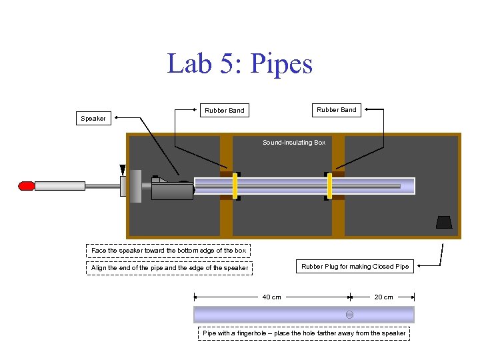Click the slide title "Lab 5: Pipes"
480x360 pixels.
(239, 64)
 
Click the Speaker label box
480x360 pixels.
(93, 119)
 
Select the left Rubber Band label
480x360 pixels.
(224, 110)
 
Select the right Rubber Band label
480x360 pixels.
(336, 109)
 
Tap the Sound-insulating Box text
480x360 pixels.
(294, 143)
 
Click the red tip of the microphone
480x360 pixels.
(27, 186)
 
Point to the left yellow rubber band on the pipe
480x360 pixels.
(235, 186)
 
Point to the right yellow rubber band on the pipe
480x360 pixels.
(329, 186)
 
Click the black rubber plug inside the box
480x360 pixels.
(444, 222)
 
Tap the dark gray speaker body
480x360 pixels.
(171, 191)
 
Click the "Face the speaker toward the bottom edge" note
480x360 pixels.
(169, 251)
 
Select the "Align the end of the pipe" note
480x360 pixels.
(169, 268)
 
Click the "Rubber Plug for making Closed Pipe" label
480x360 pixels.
(355, 267)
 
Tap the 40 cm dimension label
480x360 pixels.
(271, 297)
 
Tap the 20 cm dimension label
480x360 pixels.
(383, 297)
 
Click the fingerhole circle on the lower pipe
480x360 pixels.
(349, 315)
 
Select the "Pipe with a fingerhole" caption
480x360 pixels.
(303, 333)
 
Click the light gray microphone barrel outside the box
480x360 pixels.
(60, 186)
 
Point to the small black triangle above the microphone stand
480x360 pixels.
(123, 169)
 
